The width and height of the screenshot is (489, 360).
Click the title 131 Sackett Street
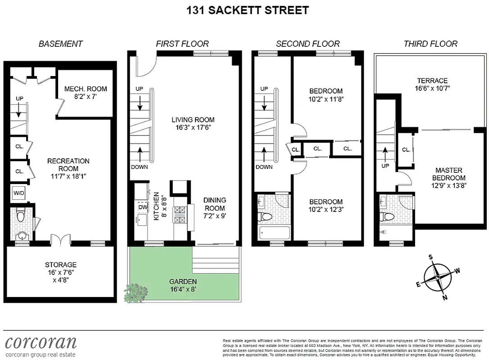[x=248, y=10]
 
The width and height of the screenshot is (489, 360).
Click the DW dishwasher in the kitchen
[x=143, y=207]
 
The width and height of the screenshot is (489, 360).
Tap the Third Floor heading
[x=430, y=44]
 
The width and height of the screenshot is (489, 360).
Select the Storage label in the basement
[x=60, y=265]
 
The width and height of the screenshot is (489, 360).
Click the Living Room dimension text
[x=193, y=128]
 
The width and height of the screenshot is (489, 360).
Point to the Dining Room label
[x=214, y=204]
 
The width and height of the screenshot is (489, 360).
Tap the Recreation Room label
[x=68, y=164]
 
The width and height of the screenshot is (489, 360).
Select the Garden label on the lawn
[x=183, y=282]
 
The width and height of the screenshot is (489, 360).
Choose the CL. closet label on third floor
[x=405, y=150]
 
